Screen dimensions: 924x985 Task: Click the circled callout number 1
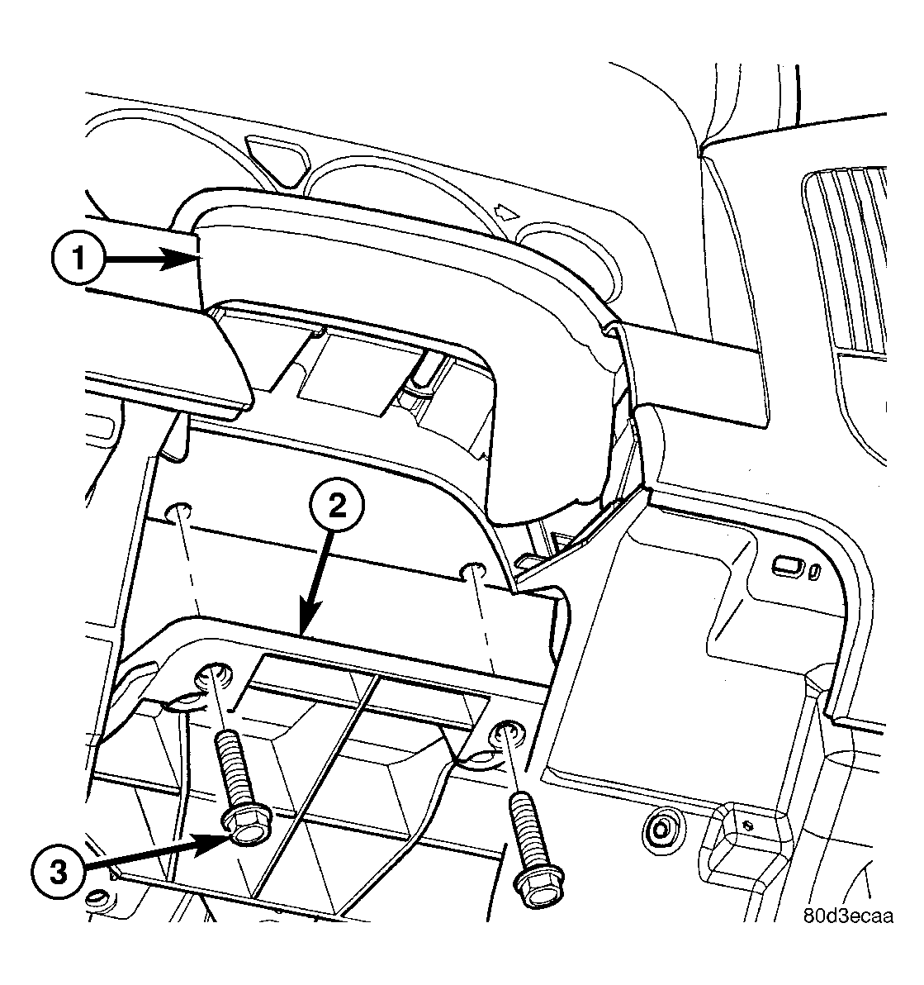tap(78, 258)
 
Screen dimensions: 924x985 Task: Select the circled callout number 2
tap(337, 506)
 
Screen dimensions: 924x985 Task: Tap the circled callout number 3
tap(58, 873)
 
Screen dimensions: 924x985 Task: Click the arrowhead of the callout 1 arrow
tap(179, 258)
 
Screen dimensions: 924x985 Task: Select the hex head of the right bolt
tap(538, 886)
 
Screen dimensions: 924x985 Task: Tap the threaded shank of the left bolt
tap(235, 771)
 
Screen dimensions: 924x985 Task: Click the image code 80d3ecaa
tap(848, 916)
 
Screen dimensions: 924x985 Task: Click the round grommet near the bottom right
tap(660, 830)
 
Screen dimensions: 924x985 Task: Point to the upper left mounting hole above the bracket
tap(177, 512)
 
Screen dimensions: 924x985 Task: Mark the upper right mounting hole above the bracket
tap(473, 571)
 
